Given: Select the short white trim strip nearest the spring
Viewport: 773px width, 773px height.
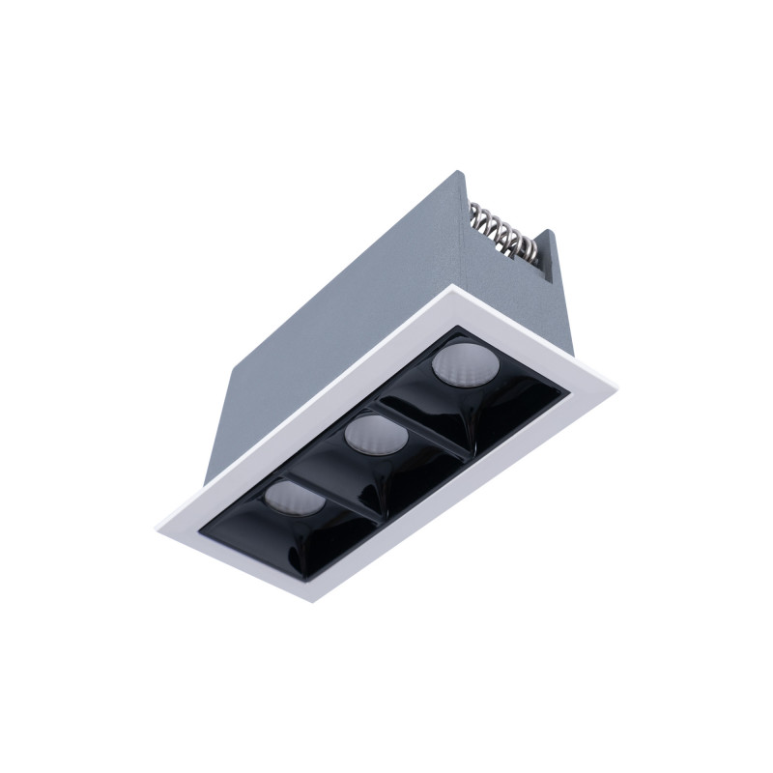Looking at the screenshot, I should (x=541, y=333).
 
